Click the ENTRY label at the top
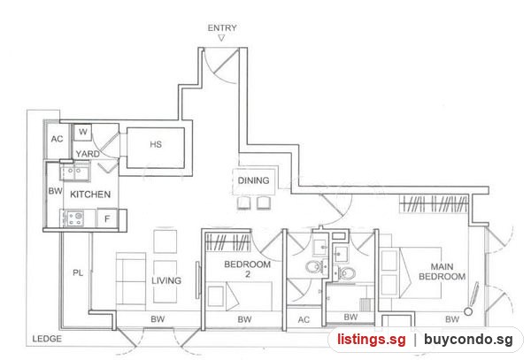222,27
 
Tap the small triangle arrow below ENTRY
221,38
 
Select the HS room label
156,144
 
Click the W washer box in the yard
83,132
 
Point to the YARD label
88,154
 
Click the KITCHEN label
90,195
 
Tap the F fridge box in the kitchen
107,218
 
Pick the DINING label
253,180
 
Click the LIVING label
166,280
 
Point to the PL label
78,272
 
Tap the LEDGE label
47,339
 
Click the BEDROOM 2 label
248,269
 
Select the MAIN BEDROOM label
442,272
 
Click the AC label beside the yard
57,139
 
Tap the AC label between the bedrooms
304,319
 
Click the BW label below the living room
158,319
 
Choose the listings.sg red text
371,340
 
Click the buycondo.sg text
468,340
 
